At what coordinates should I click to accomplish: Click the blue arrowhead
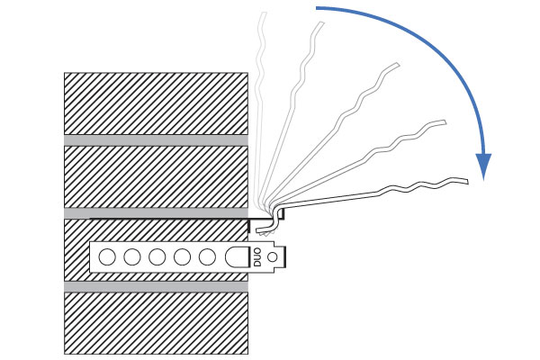pyautogui.click(x=483, y=165)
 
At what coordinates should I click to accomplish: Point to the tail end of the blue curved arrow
pyautogui.click(x=317, y=7)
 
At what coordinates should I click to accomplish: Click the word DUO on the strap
pyautogui.click(x=257, y=257)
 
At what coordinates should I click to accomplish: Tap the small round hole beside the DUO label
pyautogui.click(x=273, y=257)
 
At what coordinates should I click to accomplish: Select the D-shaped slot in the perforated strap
pyautogui.click(x=238, y=257)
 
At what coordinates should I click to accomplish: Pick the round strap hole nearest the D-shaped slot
pyautogui.click(x=207, y=257)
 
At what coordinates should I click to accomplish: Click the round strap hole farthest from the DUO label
pyautogui.click(x=107, y=257)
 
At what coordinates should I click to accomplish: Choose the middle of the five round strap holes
pyautogui.click(x=157, y=257)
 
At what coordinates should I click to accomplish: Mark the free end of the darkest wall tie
pyautogui.click(x=467, y=181)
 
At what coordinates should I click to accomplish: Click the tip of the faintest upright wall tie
pyautogui.click(x=264, y=13)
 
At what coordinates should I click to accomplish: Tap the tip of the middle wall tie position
pyautogui.click(x=398, y=65)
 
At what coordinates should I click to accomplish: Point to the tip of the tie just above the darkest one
pyautogui.click(x=445, y=122)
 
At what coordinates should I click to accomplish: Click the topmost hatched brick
pyautogui.click(x=156, y=103)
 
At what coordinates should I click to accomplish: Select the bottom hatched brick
pyautogui.click(x=156, y=323)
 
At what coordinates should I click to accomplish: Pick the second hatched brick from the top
pyautogui.click(x=156, y=177)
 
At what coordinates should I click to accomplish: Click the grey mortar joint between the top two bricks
pyautogui.click(x=156, y=140)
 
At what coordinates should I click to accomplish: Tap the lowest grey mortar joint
pyautogui.click(x=156, y=286)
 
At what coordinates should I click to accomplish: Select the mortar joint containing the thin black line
pyautogui.click(x=156, y=213)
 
